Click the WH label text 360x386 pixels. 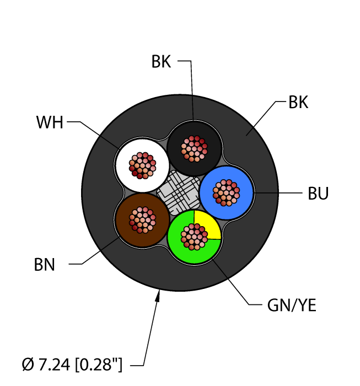point(49,122)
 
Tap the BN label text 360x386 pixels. point(44,265)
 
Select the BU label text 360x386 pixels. point(318,194)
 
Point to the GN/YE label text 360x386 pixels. point(290,305)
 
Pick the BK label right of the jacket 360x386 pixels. point(298,103)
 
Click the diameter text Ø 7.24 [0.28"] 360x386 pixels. point(72,364)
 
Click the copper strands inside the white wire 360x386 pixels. point(143,165)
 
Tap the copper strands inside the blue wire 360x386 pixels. point(227,193)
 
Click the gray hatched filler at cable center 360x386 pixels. point(176,191)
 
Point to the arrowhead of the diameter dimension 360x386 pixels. point(159,297)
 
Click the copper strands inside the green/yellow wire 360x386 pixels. point(195,237)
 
